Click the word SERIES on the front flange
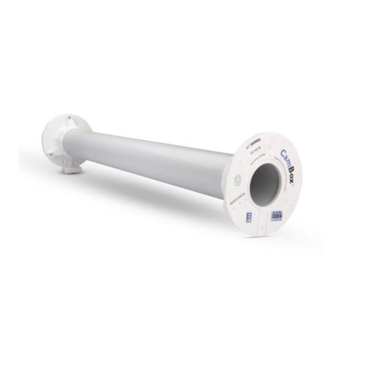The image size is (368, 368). (256, 141)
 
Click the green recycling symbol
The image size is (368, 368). (237, 179)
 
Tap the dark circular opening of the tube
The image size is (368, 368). (264, 182)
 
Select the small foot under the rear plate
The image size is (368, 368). (72, 167)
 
